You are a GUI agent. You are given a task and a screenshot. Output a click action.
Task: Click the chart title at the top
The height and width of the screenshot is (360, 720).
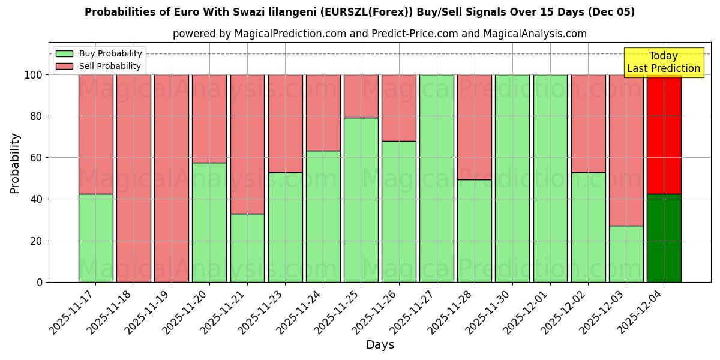tap(359, 12)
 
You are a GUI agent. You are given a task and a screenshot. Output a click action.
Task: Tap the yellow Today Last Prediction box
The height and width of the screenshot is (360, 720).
tap(664, 62)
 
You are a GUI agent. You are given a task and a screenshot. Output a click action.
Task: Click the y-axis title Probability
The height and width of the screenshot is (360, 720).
tap(15, 163)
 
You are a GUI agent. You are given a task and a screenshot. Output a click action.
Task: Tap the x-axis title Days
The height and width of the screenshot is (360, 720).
tap(380, 345)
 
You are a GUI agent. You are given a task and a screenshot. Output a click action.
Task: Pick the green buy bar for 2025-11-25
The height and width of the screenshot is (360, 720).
tap(361, 200)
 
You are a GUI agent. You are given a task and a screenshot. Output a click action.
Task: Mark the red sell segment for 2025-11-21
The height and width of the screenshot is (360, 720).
tap(247, 144)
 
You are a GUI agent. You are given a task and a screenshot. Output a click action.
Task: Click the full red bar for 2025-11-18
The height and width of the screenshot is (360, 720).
tap(133, 178)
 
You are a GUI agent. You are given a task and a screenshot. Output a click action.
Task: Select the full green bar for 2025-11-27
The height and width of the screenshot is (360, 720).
tap(436, 178)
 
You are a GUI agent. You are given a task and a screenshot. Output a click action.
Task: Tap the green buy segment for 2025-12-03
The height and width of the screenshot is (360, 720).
tap(626, 254)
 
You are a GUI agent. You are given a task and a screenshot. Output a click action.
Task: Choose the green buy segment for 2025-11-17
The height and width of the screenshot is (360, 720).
tap(95, 238)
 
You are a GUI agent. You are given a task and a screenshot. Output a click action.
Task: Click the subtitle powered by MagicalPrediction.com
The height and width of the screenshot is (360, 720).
tap(379, 34)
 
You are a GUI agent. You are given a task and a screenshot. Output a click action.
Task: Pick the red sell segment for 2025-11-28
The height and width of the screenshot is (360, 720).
tap(474, 127)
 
